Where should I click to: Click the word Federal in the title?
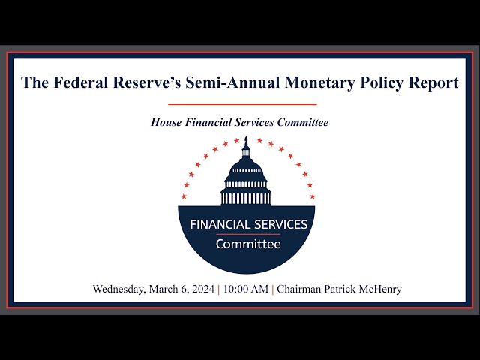click(81, 82)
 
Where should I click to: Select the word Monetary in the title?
click(319, 83)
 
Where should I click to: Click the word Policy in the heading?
click(382, 83)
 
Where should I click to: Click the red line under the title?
click(242, 104)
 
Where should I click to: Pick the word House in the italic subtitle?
click(166, 122)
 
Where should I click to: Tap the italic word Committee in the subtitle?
click(303, 122)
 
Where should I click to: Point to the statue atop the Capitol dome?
click(246, 141)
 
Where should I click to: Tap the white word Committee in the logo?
click(248, 244)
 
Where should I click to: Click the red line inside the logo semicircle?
click(248, 235)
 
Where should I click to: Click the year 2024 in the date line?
click(203, 289)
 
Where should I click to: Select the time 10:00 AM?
click(246, 289)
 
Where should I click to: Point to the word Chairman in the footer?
click(299, 289)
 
